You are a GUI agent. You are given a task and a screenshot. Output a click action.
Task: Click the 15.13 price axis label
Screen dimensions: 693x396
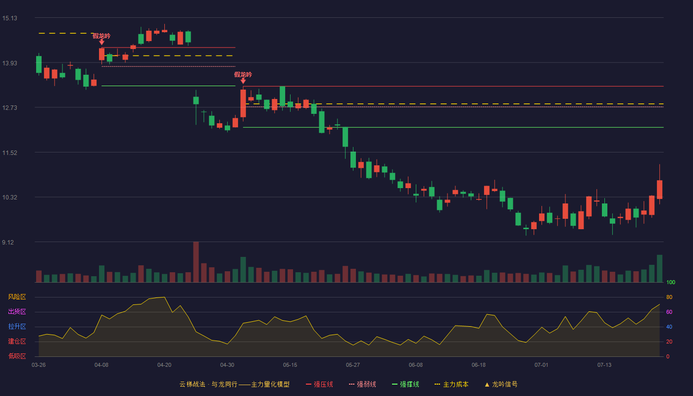point(9,18)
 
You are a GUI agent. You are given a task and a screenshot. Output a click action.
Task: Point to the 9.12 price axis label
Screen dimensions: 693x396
point(8,242)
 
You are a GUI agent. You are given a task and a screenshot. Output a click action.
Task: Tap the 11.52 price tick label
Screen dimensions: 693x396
point(9,153)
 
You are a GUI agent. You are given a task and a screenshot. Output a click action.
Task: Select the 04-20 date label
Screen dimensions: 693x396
point(164,365)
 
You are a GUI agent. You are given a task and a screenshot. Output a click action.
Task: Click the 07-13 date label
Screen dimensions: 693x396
point(604,365)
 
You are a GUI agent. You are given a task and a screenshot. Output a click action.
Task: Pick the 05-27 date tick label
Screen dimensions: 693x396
point(352,365)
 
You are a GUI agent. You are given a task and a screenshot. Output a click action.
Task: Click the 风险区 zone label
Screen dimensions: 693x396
point(17,297)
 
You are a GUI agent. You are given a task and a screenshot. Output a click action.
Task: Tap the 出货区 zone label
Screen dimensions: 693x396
point(17,311)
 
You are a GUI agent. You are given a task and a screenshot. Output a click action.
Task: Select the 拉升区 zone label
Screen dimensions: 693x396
point(17,326)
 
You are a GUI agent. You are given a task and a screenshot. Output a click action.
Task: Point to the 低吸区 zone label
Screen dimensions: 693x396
point(17,356)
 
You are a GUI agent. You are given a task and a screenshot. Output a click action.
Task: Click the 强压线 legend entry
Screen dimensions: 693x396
point(319,384)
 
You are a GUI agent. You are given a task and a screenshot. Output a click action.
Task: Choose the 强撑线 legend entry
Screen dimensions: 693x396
point(405,384)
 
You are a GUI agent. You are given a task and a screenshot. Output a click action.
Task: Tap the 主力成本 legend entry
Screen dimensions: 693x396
point(451,384)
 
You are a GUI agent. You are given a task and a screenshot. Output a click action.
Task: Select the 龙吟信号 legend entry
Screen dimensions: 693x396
point(501,384)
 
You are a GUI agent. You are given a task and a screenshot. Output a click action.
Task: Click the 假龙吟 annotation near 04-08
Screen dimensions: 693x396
point(101,36)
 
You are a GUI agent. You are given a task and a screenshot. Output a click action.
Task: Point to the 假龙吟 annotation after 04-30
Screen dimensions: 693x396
point(243,75)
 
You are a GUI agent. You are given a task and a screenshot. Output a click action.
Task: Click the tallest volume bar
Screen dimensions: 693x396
point(196,262)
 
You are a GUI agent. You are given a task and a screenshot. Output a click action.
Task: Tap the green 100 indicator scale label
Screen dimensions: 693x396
point(671,282)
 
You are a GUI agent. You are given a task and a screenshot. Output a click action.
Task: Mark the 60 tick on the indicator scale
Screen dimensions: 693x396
point(669,312)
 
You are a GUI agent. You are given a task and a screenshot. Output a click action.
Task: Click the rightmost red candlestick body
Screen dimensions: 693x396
point(659,189)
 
